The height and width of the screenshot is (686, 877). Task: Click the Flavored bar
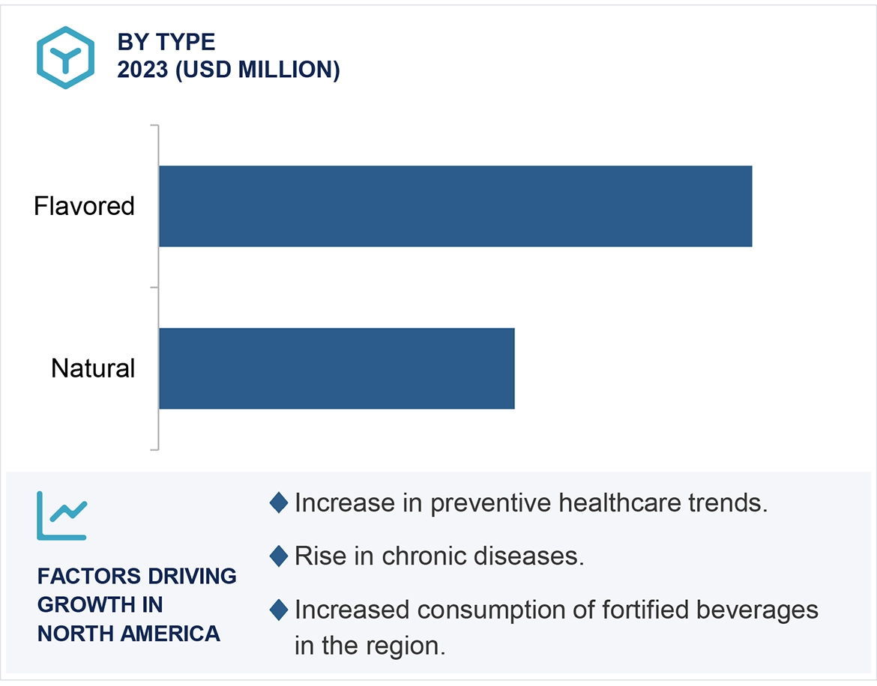(455, 206)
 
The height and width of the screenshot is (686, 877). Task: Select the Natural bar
(337, 368)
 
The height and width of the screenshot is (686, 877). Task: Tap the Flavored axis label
(84, 206)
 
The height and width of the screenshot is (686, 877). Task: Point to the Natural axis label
(93, 368)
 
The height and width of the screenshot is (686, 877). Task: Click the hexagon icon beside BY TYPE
(66, 57)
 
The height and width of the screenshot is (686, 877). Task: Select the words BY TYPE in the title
(166, 42)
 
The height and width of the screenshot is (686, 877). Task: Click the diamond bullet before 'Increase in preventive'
(278, 503)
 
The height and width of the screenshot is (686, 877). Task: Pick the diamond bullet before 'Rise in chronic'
(278, 556)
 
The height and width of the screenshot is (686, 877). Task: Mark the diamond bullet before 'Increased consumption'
(278, 610)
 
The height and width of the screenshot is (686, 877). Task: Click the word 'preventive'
(492, 503)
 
